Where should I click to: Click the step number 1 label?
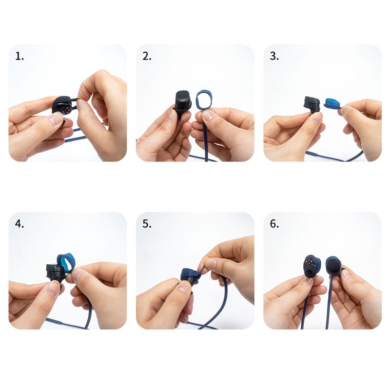point(19,57)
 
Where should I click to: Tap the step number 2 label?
point(147,57)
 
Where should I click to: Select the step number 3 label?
point(274,57)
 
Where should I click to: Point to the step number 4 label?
point(19,224)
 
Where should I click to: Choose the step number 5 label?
point(147,224)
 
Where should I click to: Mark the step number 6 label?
point(274,224)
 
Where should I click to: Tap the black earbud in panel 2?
point(183,103)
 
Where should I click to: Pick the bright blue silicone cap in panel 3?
point(333,103)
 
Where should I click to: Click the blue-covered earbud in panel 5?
point(190,278)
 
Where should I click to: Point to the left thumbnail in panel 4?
point(54,289)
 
